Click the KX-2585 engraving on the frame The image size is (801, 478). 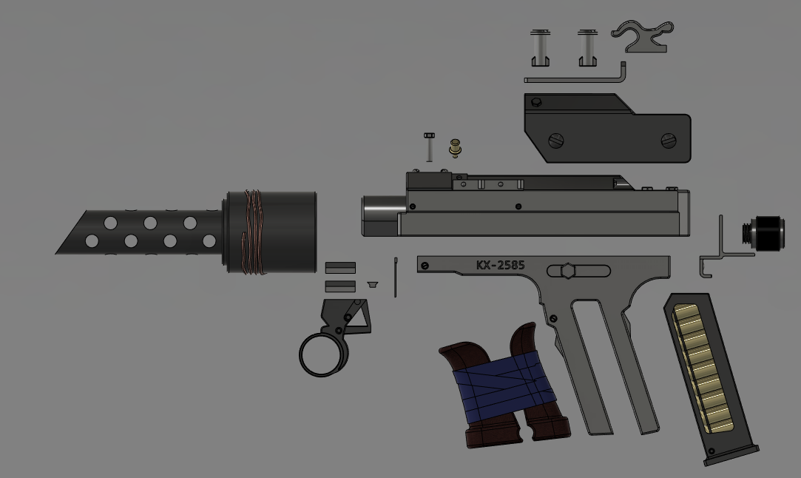[x=500, y=265]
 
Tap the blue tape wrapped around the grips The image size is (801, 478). [x=503, y=383]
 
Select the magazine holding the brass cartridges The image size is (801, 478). [x=710, y=379]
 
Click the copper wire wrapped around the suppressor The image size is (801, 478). [x=254, y=232]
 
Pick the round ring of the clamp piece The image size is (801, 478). [x=323, y=354]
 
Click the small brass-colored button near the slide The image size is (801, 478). [x=455, y=148]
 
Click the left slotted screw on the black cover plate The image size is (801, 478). [x=555, y=139]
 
